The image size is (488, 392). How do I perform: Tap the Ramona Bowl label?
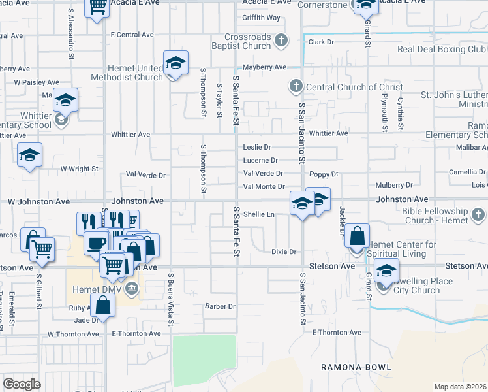(356, 367)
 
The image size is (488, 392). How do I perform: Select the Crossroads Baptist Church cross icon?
(281, 41)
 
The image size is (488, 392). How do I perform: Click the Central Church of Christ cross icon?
(295, 86)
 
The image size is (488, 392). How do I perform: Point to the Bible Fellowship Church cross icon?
(478, 214)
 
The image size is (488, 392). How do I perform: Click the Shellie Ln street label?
(259, 214)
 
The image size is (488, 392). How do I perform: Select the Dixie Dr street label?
(284, 252)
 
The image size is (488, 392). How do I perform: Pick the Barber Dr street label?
(220, 306)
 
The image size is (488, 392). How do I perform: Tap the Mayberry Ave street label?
(265, 67)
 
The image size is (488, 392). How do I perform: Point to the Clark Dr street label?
(321, 42)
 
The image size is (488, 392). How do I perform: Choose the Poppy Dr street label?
(324, 174)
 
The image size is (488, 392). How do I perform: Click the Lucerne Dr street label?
(260, 160)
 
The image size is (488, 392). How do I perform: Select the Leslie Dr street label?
(256, 147)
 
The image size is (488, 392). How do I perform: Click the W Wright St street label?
(79, 169)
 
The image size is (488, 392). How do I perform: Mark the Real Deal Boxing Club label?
(442, 49)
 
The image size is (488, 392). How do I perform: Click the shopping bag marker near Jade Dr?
(104, 304)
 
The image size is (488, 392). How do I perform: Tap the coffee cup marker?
(97, 242)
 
